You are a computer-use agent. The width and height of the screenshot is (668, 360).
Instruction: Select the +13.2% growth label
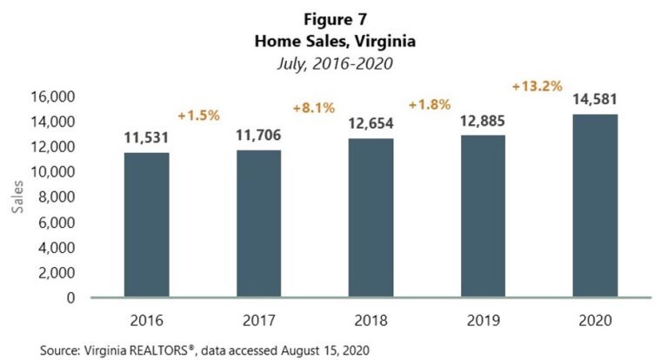pos(537,86)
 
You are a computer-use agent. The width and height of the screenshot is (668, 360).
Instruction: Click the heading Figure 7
pos(334,18)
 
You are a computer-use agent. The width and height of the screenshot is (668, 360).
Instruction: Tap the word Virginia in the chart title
pos(384,40)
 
